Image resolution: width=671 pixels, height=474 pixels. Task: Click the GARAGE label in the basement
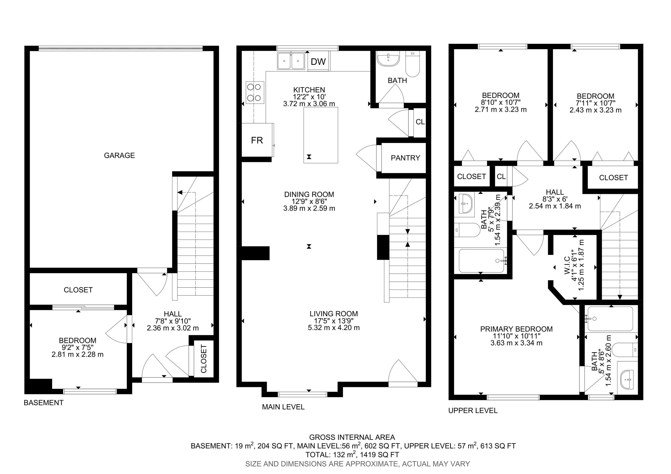pos(119,156)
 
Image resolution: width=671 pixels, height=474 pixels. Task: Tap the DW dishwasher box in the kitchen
pos(318,61)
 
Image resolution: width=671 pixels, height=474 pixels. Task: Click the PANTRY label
pos(405,158)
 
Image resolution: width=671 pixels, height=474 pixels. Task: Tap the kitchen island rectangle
pos(321,135)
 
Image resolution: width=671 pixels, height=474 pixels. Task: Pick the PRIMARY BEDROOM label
pos(516,329)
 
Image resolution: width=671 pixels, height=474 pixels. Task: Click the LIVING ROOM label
pos(334,314)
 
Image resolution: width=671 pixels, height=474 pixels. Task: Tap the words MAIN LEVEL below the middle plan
pos(283,407)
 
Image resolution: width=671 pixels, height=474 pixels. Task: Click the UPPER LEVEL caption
pos(473,411)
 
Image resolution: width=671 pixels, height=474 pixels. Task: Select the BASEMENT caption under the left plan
pos(43,403)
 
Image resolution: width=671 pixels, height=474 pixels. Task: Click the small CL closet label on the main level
pos(420,122)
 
